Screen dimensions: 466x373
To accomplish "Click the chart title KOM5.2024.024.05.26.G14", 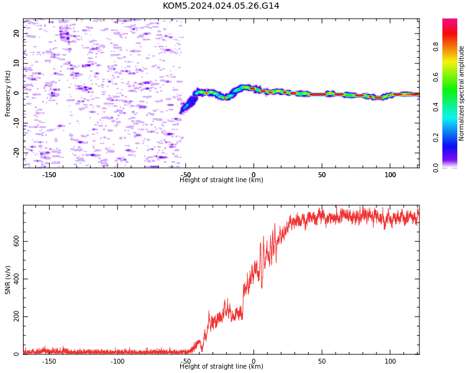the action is coord(221,6).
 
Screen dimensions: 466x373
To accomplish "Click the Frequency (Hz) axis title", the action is coord(7,93).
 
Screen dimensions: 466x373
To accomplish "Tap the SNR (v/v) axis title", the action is coord(7,280).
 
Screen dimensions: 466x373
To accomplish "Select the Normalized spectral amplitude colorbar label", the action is coord(461,93).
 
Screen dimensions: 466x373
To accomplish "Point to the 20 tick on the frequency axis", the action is coord(16,34).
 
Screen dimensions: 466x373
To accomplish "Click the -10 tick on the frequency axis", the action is coord(16,123).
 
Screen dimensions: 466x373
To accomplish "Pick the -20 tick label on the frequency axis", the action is coord(16,153).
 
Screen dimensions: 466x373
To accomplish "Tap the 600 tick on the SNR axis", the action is coord(16,241).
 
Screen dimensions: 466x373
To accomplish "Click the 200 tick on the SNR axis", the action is coord(16,316).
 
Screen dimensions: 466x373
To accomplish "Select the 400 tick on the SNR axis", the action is coord(16,279).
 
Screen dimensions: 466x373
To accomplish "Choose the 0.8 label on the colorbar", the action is coord(436,47).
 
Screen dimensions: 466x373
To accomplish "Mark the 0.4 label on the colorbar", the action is coord(436,107).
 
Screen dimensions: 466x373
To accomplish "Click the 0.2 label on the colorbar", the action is coord(436,137).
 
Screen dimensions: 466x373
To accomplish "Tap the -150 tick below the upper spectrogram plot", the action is coord(49,175).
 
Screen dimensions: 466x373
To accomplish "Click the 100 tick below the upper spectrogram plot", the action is coord(390,175).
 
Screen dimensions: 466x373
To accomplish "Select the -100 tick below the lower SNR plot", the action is coord(117,361).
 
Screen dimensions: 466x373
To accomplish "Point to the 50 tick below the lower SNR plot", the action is coord(322,361).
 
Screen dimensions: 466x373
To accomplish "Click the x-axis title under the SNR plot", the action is coord(221,366).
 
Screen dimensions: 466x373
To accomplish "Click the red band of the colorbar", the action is coord(450,35).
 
